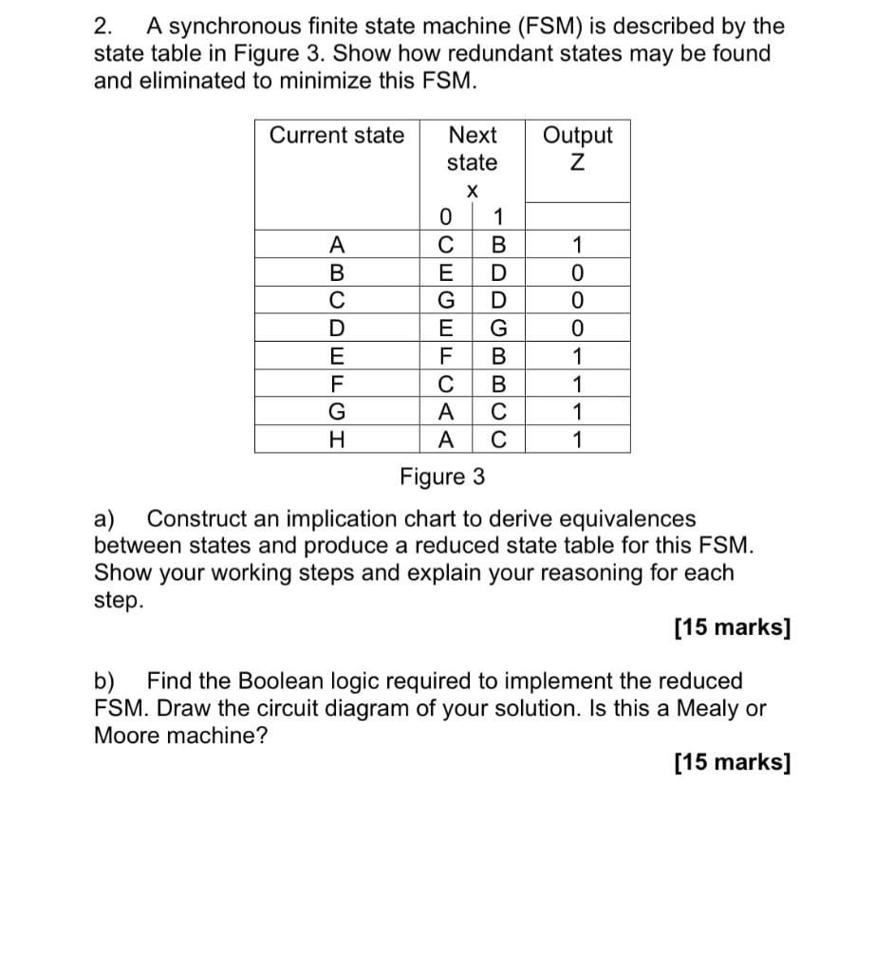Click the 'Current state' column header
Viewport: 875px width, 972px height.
(337, 136)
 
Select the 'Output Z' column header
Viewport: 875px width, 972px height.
(577, 148)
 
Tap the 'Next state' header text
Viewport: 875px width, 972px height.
(473, 148)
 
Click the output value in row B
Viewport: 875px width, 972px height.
(577, 273)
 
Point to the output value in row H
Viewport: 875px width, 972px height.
(577, 439)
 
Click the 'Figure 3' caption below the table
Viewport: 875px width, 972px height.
(441, 477)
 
